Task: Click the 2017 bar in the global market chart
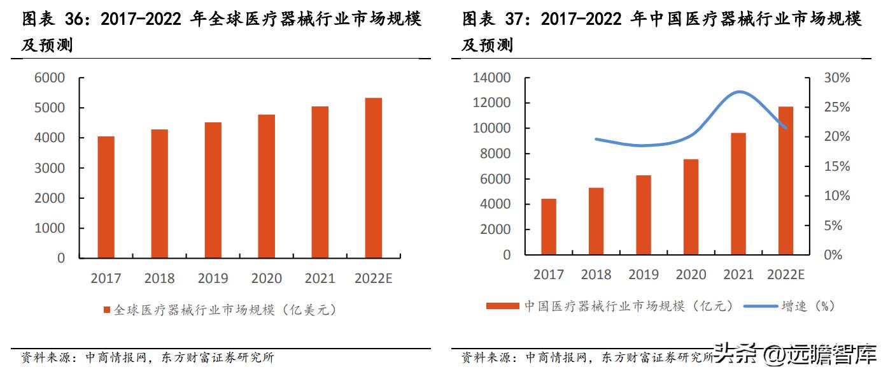point(106,197)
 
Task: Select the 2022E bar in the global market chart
point(373,178)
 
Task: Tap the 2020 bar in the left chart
point(266,186)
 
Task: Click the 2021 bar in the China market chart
point(738,194)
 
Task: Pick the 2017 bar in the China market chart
point(549,227)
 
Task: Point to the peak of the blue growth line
point(738,92)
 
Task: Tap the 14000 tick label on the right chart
point(492,78)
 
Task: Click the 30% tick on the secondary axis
point(836,78)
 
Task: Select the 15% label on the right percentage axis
point(836,166)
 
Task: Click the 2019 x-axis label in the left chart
point(213,278)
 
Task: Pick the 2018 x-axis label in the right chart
point(596,275)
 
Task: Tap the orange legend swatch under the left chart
point(107,310)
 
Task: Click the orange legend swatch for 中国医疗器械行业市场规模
point(503,307)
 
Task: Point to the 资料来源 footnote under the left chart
point(45,358)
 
